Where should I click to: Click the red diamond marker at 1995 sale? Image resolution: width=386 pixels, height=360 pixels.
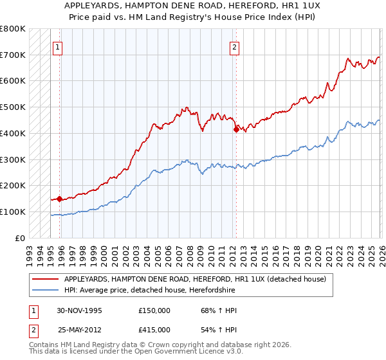coord(60,199)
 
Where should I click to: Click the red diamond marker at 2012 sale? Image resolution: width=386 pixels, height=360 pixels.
coord(236,130)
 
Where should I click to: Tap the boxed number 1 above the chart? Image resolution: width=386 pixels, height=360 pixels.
coord(58,47)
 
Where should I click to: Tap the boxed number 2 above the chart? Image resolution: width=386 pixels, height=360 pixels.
coord(234,47)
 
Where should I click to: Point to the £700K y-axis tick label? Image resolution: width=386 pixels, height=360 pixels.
coord(13,55)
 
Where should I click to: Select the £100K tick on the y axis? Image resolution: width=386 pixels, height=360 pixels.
coord(13,212)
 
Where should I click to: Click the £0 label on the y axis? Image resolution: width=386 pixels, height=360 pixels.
coord(19,238)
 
